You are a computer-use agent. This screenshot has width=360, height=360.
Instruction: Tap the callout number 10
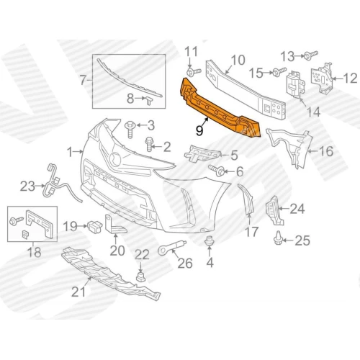(x=238, y=60)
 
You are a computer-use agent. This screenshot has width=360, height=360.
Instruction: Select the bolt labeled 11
(x=194, y=72)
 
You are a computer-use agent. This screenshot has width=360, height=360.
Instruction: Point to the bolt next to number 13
(x=311, y=55)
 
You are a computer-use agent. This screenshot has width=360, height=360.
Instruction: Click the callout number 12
(x=350, y=78)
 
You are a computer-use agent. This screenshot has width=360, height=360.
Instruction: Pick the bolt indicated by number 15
(x=279, y=71)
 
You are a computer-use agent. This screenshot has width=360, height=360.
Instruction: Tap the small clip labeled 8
(x=148, y=100)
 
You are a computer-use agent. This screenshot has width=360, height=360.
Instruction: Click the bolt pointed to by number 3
(x=130, y=130)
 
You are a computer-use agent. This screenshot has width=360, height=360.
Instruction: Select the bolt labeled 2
(x=149, y=144)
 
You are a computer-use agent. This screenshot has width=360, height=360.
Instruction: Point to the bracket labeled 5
(x=202, y=153)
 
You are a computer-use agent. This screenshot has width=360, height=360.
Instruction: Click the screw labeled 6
(x=217, y=171)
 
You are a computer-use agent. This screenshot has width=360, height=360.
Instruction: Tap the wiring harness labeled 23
(x=60, y=185)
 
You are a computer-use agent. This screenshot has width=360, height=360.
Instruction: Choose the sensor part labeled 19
(x=95, y=226)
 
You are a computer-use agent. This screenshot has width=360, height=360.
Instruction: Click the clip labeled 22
(x=141, y=276)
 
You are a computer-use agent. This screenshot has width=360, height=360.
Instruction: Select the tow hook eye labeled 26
(x=171, y=248)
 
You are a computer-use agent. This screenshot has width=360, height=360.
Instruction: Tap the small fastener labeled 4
(x=210, y=240)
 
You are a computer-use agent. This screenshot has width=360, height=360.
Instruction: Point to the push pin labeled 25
(x=278, y=238)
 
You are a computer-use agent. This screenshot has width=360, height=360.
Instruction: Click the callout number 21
(x=78, y=292)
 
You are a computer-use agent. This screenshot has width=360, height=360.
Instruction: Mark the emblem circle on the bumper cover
(x=114, y=159)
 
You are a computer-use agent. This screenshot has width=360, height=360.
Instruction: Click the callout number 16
(x=326, y=151)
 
